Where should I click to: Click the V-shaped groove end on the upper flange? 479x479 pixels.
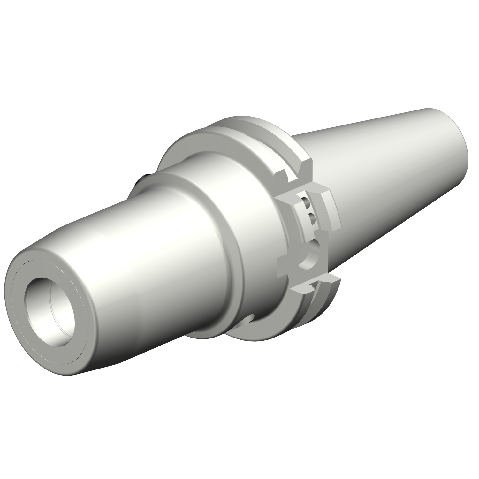pyautogui.click(x=303, y=166)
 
